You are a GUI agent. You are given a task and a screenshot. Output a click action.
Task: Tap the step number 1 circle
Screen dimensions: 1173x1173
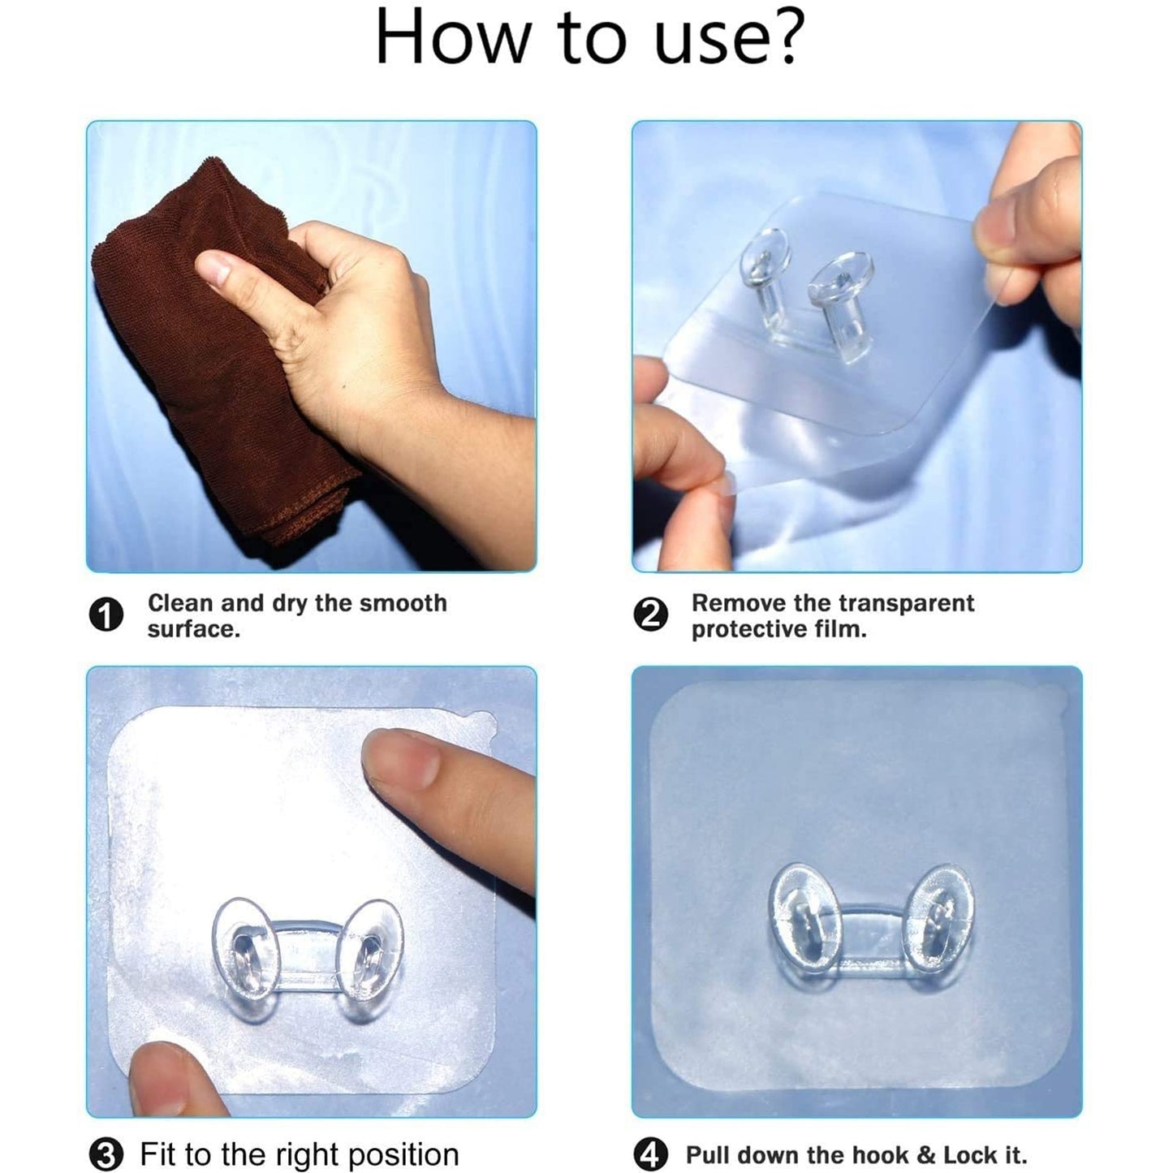tap(106, 616)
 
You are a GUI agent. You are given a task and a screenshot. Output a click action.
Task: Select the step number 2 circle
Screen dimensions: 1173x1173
tap(650, 616)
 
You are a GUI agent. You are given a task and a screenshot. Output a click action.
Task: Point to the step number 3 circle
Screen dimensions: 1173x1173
tap(106, 1154)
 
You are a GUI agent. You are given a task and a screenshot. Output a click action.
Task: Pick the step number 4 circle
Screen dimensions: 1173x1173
tap(650, 1154)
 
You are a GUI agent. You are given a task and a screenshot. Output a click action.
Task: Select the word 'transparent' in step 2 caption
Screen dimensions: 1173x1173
tap(905, 603)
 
